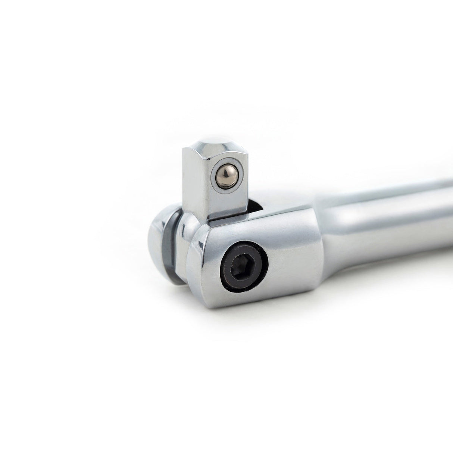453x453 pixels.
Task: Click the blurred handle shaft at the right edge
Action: point(429,209)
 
